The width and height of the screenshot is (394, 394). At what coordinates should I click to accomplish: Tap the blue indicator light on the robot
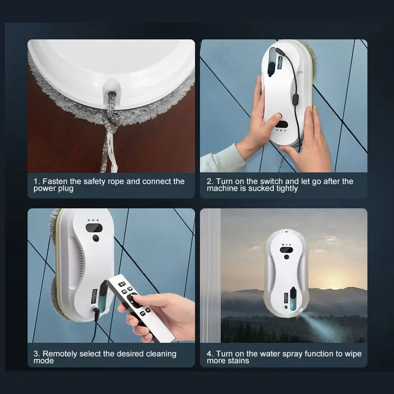point(283,244)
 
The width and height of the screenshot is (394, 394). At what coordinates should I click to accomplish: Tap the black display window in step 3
point(94,228)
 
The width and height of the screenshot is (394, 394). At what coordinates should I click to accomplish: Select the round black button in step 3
point(96,238)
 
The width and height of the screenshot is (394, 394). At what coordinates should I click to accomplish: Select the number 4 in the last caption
point(209,354)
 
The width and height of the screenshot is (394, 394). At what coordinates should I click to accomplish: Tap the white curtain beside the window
point(211,275)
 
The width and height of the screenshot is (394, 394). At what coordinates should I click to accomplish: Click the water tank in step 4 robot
point(293,299)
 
